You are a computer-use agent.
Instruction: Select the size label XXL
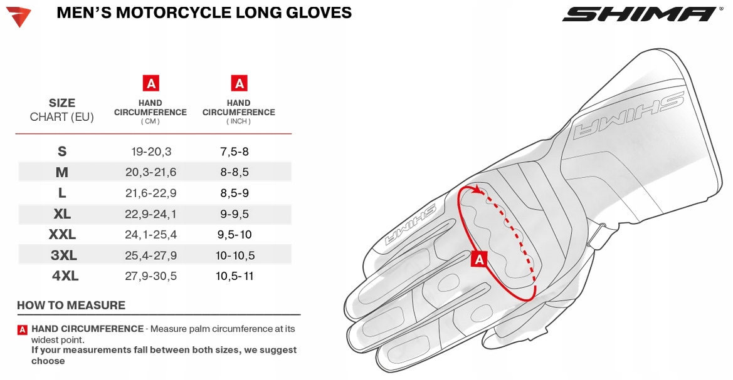click(62, 235)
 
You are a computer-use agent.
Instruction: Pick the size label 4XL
click(65, 276)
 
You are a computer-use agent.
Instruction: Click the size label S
click(62, 151)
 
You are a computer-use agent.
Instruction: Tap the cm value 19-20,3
click(150, 151)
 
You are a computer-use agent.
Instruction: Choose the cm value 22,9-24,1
click(150, 214)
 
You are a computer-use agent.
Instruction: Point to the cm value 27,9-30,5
click(150, 276)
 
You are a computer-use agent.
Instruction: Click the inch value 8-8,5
click(235, 172)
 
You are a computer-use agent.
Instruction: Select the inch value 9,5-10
click(235, 235)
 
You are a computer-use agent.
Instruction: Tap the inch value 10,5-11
click(235, 276)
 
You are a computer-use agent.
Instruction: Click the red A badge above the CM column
click(150, 83)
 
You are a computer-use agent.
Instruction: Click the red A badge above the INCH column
click(239, 83)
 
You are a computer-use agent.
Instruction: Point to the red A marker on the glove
click(480, 259)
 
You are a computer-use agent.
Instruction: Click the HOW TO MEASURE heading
click(71, 306)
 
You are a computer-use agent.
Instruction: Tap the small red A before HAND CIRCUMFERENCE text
click(23, 329)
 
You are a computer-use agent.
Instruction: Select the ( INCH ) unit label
click(238, 121)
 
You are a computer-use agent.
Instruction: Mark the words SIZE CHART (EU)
click(62, 110)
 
